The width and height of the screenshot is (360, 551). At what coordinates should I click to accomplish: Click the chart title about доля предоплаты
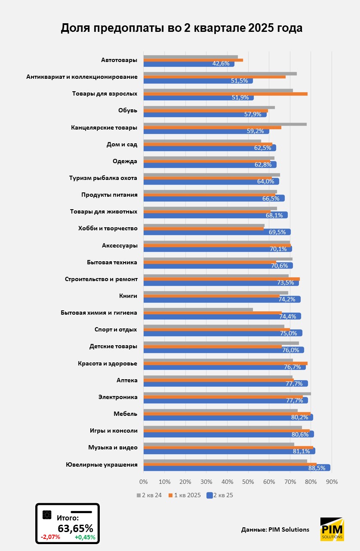[x=181, y=28]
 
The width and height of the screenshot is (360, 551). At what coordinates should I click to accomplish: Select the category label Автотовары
[x=119, y=60]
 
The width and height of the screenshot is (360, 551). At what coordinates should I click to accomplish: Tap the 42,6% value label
[x=221, y=64]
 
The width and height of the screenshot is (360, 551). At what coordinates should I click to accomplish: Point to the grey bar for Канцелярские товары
[x=225, y=124]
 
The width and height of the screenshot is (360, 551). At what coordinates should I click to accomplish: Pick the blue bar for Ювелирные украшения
[x=237, y=467]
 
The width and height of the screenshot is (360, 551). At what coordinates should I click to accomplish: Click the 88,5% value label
[x=317, y=468]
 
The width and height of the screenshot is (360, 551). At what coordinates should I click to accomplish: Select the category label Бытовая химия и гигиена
[x=99, y=313]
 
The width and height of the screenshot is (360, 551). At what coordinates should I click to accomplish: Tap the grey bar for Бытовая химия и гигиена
[x=198, y=309]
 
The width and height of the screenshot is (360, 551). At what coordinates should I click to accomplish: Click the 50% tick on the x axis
[x=248, y=482]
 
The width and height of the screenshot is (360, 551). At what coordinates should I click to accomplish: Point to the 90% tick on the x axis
[x=332, y=482]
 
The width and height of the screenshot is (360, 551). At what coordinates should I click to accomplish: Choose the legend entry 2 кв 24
[x=150, y=495]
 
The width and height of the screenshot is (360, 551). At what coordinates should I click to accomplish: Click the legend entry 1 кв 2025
[x=185, y=495]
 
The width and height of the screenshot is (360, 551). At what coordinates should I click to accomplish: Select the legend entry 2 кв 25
[x=220, y=495]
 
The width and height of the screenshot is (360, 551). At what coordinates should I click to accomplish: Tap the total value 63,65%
[x=75, y=528]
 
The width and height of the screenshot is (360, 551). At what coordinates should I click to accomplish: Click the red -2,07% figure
[x=50, y=537]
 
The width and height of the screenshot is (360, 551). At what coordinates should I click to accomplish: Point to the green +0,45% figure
[x=85, y=537]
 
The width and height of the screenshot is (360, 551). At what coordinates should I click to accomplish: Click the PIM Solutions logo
[x=332, y=529]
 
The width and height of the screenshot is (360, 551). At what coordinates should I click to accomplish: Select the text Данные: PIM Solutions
[x=275, y=529]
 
